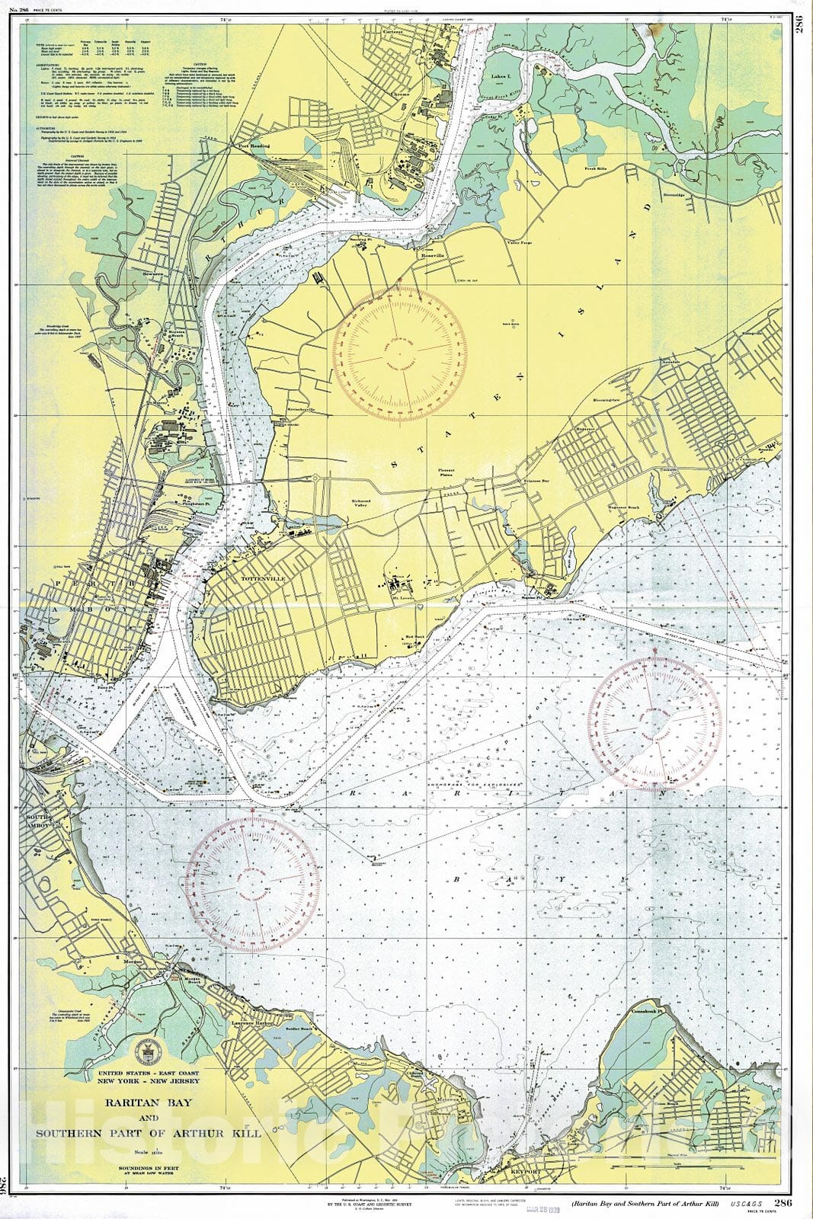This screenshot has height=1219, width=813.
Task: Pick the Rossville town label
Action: coord(433,255)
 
